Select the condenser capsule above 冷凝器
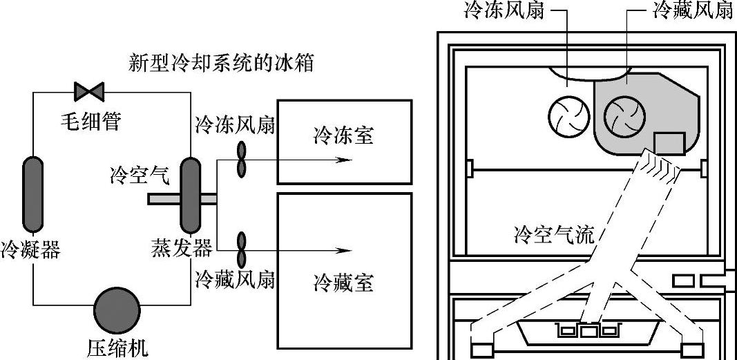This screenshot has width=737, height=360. tap(32, 194)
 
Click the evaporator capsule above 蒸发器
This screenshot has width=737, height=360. tap(190, 195)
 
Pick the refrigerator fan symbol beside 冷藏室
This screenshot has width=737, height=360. tap(242, 249)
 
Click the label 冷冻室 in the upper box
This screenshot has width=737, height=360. tap(344, 136)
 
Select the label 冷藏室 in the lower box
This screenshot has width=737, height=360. tap(344, 283)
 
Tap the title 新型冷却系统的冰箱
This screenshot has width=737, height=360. tap(221, 64)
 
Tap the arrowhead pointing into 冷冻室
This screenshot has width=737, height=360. tap(338, 160)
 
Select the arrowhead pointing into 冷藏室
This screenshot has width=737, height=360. tap(338, 249)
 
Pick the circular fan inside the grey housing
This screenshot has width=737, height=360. tap(625, 116)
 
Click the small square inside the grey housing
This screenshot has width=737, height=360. tap(669, 143)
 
